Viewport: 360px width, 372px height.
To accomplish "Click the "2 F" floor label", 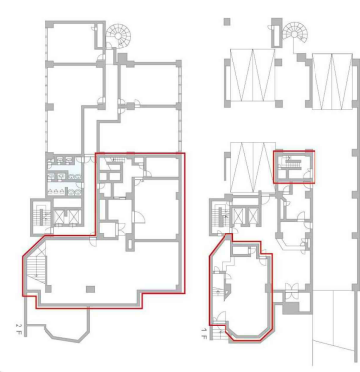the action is (x=18, y=327).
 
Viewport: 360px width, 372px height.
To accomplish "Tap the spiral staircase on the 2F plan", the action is (x=118, y=36).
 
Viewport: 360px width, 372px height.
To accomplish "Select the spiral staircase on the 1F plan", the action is (x=296, y=33).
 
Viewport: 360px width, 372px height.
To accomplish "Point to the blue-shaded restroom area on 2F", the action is (x=64, y=175).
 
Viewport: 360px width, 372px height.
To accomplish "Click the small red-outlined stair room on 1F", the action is (x=294, y=167).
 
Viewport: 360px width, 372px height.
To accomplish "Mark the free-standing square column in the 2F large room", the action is (x=90, y=289).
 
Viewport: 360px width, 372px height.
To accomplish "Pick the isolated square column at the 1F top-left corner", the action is (x=226, y=22).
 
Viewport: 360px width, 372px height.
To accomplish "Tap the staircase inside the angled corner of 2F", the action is (x=36, y=267).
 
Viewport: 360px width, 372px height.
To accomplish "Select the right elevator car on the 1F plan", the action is (x=252, y=215).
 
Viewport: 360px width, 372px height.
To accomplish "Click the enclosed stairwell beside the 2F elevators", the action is (x=42, y=216).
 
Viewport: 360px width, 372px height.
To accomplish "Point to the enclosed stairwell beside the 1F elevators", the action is (x=220, y=215).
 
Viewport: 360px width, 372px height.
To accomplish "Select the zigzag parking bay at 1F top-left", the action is (x=252, y=75).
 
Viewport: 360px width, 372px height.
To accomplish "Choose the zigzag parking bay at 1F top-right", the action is (x=332, y=81).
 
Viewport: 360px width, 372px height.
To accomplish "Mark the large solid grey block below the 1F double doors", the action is (x=290, y=308).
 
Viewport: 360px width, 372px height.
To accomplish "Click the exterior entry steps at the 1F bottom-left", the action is (x=218, y=335).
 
